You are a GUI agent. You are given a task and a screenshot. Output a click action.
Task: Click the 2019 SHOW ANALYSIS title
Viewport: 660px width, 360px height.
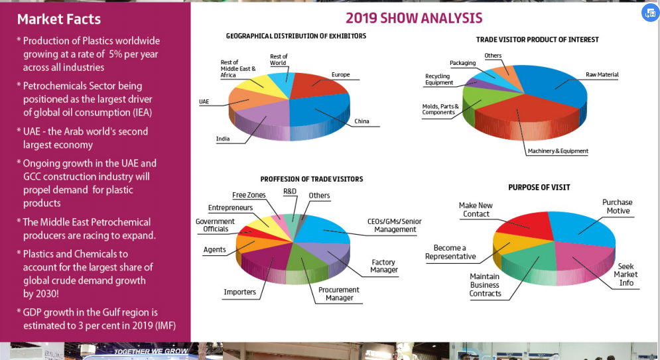414,18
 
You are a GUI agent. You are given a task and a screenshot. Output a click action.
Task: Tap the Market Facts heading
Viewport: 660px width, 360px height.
59,19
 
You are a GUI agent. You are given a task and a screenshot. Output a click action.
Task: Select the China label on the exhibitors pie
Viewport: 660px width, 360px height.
362,121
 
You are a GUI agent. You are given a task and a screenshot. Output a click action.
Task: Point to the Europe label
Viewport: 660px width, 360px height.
340,75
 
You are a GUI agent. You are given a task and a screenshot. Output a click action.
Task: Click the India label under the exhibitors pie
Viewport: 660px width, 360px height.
223,139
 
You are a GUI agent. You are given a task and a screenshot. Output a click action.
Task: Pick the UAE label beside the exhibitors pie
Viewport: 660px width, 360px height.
204,101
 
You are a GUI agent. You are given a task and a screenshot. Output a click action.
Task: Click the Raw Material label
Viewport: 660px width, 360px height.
602,75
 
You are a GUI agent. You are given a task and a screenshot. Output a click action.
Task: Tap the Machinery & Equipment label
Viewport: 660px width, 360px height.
558,151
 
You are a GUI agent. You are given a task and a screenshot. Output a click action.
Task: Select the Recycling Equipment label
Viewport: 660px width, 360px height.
439,80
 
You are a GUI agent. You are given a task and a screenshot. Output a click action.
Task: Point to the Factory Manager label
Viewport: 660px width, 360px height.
384,266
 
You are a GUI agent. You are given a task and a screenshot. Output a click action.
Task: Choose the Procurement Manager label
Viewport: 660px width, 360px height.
339,294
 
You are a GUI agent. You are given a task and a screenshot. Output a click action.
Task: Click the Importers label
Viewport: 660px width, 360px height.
239,292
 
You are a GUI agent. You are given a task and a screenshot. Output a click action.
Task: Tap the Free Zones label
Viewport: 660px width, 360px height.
249,195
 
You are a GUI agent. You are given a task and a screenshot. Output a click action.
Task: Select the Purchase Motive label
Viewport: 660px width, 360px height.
617,206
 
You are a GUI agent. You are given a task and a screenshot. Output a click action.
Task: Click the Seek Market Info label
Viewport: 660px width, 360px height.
626,274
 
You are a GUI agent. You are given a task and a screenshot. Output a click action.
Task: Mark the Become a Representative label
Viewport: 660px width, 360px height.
450,252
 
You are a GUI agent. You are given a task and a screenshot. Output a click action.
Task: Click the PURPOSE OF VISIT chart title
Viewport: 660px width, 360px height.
539,188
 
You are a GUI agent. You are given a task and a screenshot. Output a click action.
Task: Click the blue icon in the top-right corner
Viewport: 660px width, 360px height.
649,14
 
